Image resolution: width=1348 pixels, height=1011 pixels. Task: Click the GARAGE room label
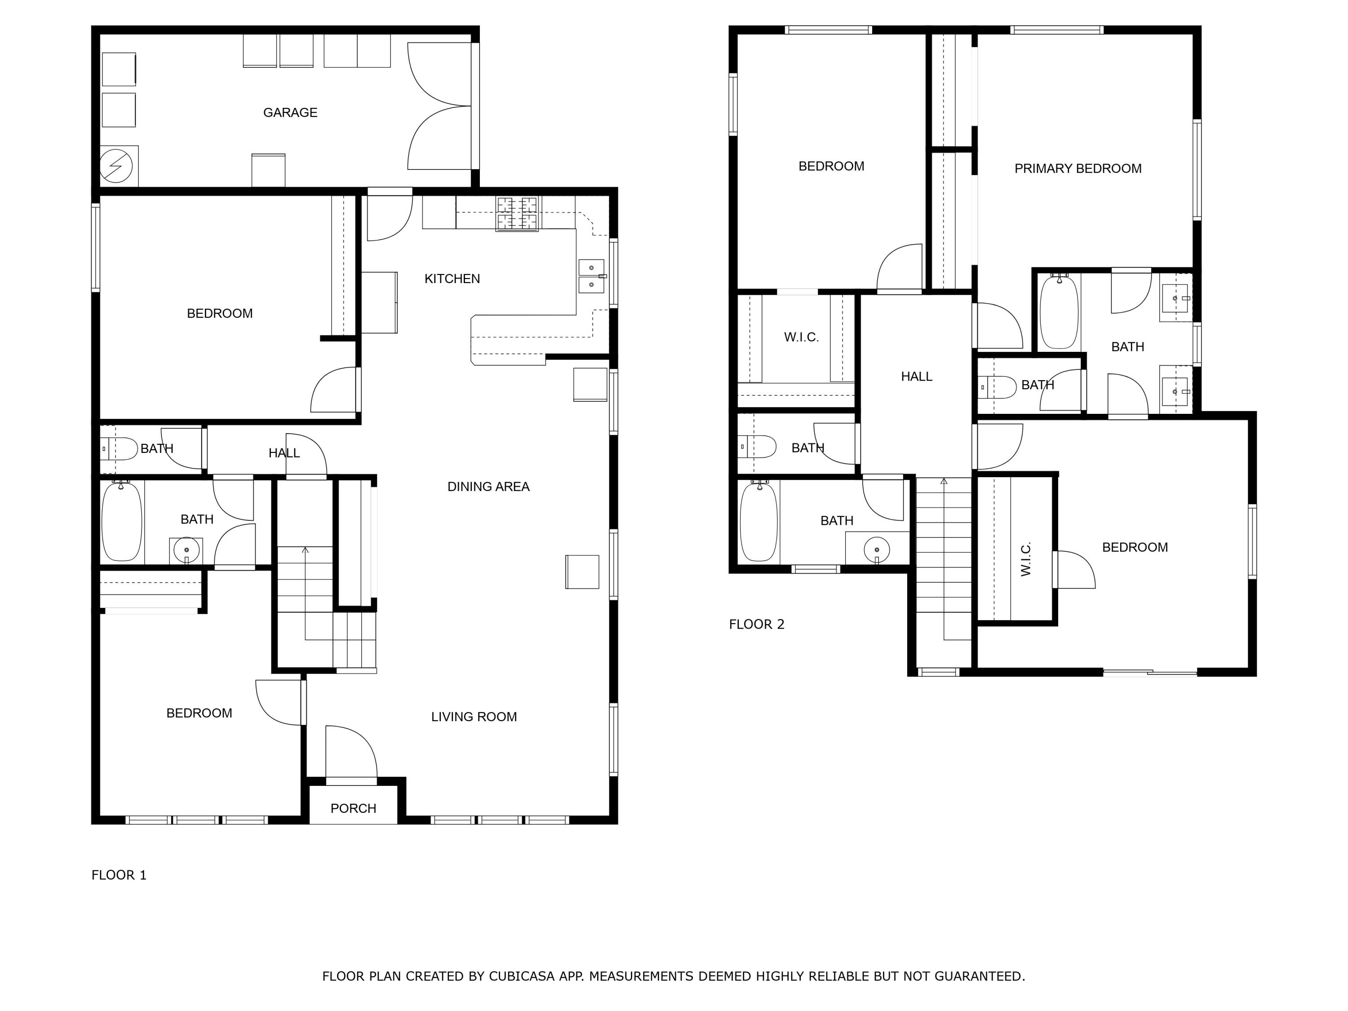(x=290, y=113)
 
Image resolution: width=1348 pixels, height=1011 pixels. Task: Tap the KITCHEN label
(x=452, y=279)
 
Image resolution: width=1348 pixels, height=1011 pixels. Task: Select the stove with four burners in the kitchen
(x=517, y=213)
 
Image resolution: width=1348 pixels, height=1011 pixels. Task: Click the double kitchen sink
(x=591, y=276)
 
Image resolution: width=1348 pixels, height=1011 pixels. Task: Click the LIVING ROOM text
(x=474, y=717)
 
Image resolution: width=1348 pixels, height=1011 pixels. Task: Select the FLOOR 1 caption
(x=119, y=875)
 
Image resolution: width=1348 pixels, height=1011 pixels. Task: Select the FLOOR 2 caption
(x=756, y=624)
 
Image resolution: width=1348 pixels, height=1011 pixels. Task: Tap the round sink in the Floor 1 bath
(x=186, y=551)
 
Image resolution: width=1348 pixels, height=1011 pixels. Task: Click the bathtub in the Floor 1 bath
(x=122, y=522)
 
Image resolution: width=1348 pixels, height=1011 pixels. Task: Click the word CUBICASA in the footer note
(x=522, y=976)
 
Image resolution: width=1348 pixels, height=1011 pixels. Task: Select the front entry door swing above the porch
(x=350, y=753)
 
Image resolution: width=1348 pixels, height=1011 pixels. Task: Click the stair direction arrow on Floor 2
(x=944, y=481)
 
